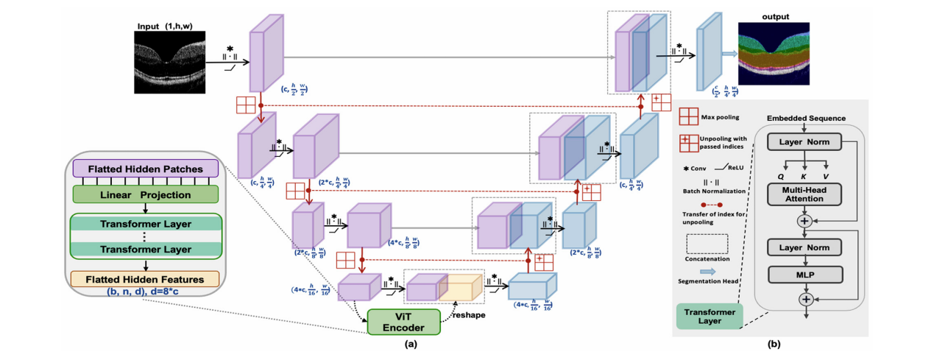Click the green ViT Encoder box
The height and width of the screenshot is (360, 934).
pyautogui.click(x=403, y=321)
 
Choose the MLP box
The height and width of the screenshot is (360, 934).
pyautogui.click(x=805, y=275)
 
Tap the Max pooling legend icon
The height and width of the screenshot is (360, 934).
pyautogui.click(x=689, y=117)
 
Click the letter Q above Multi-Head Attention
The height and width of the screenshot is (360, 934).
pyautogui.click(x=781, y=176)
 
